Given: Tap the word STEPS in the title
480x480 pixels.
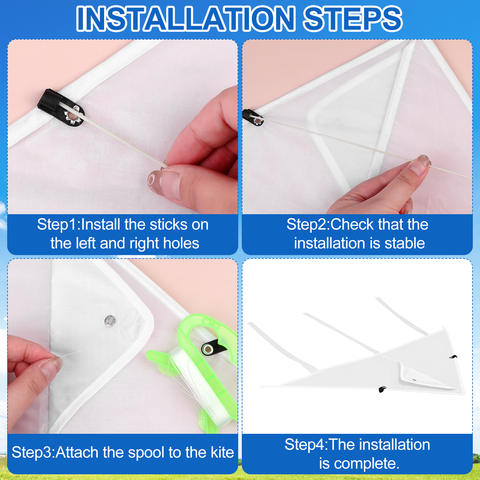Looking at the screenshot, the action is (x=352, y=19).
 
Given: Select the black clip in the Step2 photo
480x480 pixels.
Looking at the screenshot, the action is (x=252, y=118).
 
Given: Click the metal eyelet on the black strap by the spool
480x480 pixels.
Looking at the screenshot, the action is (x=208, y=349).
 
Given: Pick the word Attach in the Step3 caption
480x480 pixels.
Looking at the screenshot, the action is (x=77, y=452).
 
